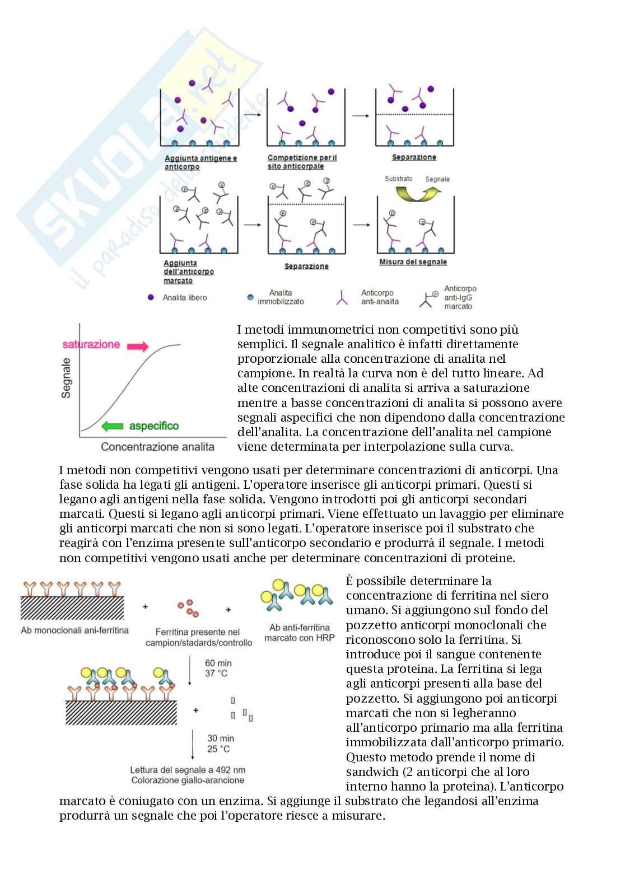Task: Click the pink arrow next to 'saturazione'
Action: coord(138,347)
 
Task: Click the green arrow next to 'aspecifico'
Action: coord(112,426)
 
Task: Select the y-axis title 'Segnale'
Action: coord(67,378)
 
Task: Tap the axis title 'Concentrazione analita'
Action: coord(157,447)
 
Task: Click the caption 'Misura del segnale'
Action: coord(413,262)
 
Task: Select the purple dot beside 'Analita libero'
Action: coord(150,297)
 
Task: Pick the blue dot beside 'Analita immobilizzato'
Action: coord(250,297)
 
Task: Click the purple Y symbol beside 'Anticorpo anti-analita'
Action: coord(342,298)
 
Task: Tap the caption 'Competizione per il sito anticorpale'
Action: coord(302,162)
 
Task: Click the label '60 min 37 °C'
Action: coord(218,668)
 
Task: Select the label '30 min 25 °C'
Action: coord(220,743)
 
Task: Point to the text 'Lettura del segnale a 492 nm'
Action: coord(188,770)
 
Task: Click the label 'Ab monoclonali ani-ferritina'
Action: coord(74,630)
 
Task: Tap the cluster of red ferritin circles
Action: coord(188,607)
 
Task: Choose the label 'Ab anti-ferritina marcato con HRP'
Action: coord(299,633)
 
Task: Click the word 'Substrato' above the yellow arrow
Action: coord(398,179)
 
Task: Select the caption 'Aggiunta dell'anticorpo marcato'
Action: coord(188,272)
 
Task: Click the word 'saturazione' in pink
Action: coord(91,344)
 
